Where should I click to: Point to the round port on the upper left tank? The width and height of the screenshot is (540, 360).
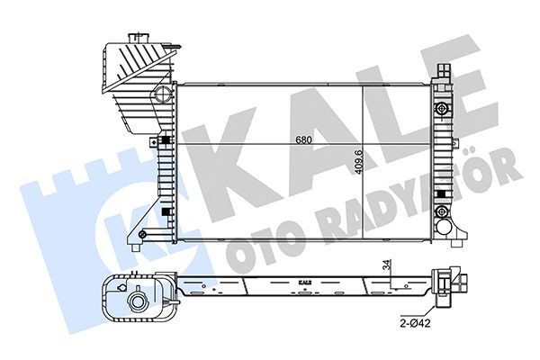(x=162, y=94)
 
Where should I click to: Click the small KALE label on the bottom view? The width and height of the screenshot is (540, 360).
(x=304, y=281)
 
